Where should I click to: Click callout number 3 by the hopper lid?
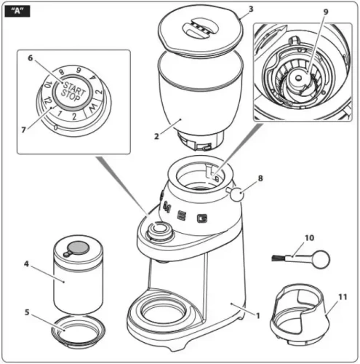(249, 10)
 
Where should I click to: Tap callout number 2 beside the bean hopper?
(156, 137)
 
